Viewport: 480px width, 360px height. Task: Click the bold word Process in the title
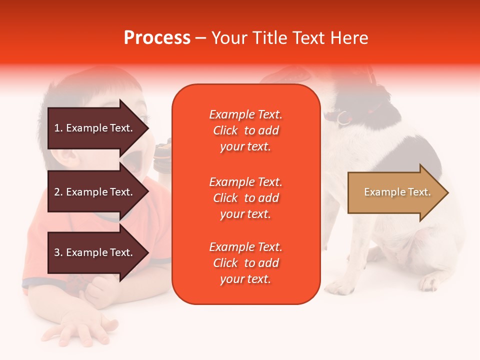pyautogui.click(x=157, y=38)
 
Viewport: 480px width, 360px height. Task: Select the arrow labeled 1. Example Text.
pyautogui.click(x=98, y=128)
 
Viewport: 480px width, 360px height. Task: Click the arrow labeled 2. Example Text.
pyautogui.click(x=98, y=191)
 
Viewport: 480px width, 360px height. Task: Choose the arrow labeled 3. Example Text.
pyautogui.click(x=98, y=252)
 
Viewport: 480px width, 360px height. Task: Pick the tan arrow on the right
pyautogui.click(x=398, y=192)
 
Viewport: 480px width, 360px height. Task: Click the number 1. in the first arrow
pyautogui.click(x=58, y=128)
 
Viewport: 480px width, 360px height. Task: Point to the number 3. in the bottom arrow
pyautogui.click(x=58, y=252)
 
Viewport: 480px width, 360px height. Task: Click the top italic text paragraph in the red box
pyautogui.click(x=246, y=130)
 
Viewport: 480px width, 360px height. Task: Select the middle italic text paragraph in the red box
pyautogui.click(x=246, y=198)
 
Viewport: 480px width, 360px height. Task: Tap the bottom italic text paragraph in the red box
pyautogui.click(x=246, y=263)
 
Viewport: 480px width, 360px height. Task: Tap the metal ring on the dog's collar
pyautogui.click(x=343, y=118)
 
